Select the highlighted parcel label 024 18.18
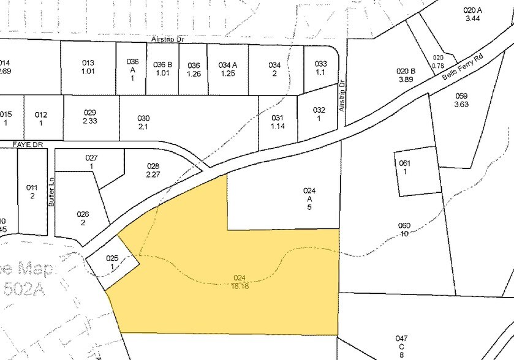[x=240, y=281]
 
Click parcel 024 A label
[x=309, y=198]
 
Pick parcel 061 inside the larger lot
[x=404, y=167]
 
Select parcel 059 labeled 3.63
[x=461, y=100]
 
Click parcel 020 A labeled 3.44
[x=471, y=14]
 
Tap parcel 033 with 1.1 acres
[x=320, y=68]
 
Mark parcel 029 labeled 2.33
[x=90, y=116]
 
